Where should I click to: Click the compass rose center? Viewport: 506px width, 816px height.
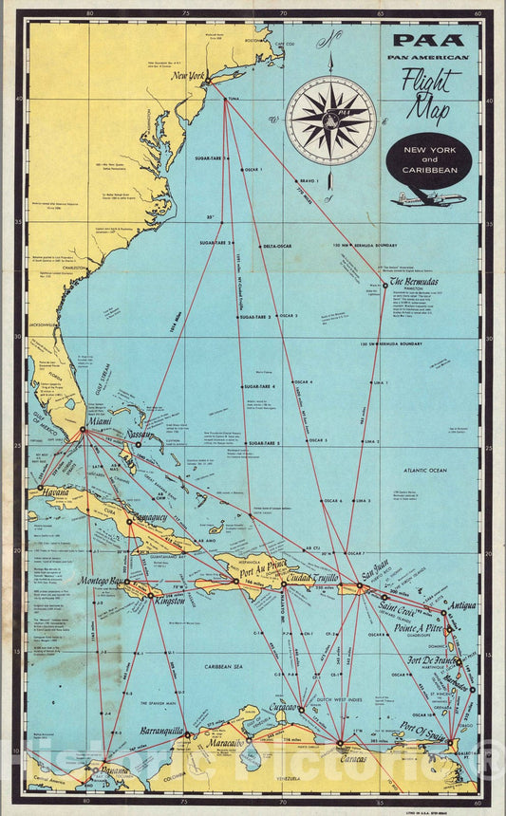pyautogui.click(x=331, y=121)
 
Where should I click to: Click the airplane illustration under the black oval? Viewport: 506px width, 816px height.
pyautogui.click(x=428, y=199)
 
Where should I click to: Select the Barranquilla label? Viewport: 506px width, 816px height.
pyautogui.click(x=164, y=732)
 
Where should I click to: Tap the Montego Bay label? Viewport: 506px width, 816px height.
pyautogui.click(x=103, y=581)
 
